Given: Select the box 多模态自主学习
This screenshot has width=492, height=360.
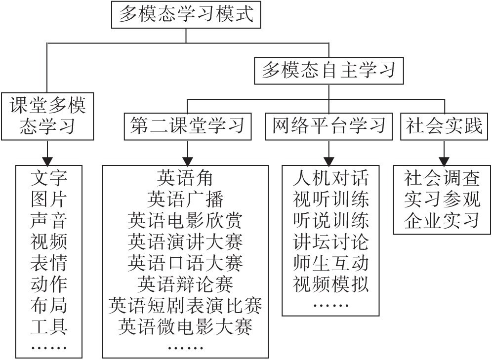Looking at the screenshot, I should click(328, 70).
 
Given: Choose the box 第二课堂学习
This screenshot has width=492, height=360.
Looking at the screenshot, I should click(187, 126).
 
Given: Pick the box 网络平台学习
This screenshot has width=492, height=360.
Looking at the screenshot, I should click(328, 126).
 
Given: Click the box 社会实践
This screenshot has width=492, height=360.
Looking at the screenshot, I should click(444, 126).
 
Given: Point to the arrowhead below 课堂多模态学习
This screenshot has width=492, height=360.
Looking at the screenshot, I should click(47, 160).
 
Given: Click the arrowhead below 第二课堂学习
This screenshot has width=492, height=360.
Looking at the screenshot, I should click(187, 160).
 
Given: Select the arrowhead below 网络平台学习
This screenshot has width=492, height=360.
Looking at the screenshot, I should click(328, 160).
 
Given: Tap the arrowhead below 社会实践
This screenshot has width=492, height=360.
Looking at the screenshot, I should click(444, 160).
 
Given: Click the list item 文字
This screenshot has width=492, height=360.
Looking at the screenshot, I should click(48, 177).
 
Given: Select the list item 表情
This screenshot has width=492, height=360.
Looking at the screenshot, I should click(48, 263).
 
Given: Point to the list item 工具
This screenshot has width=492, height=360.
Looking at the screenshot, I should click(48, 327).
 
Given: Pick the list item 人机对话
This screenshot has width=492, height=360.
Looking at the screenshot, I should click(330, 177).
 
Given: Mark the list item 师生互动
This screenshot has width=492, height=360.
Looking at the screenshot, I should click(330, 263).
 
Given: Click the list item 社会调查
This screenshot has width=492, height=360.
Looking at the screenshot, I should click(442, 177).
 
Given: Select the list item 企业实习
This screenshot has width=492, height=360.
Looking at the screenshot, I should click(442, 220).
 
